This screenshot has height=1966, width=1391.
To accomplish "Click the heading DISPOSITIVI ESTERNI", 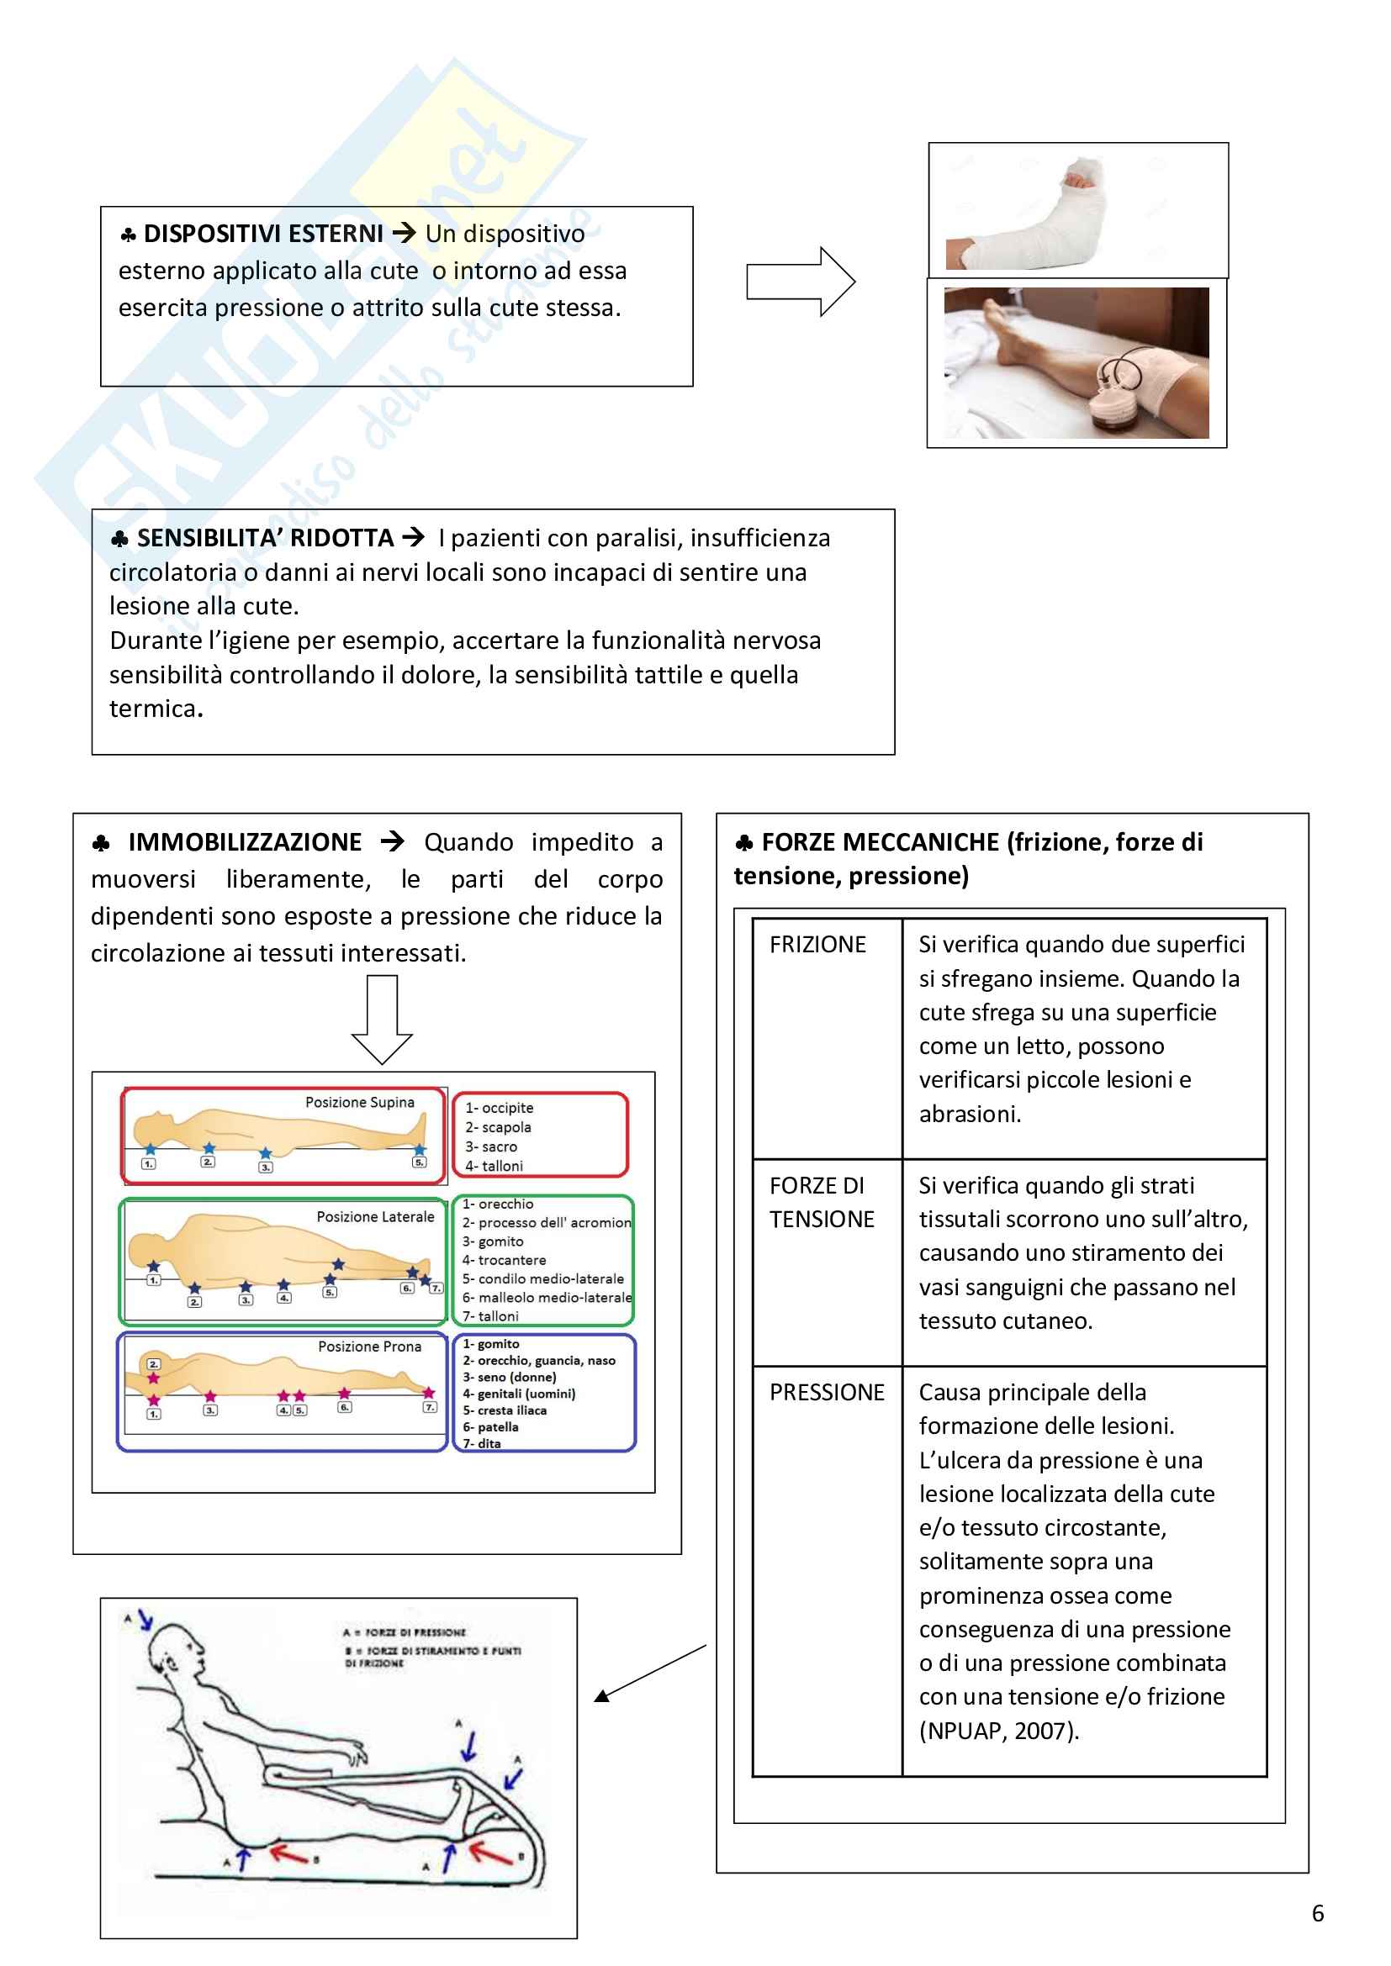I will pyautogui.click(x=262, y=234).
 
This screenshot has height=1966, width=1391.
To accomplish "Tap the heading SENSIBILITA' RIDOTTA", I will pyautogui.click(x=265, y=538).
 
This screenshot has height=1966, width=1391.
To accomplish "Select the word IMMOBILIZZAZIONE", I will pyautogui.click(x=244, y=842).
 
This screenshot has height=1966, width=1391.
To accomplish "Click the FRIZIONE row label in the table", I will pyautogui.click(x=817, y=945).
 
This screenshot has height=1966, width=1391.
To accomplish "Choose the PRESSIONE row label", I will pyautogui.click(x=826, y=1392).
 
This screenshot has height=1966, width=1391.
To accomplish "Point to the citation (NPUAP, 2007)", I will pyautogui.click(x=999, y=1731).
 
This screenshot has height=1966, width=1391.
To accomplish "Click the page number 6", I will pyautogui.click(x=1317, y=1914).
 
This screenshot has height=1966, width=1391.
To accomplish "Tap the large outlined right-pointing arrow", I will pyautogui.click(x=800, y=282).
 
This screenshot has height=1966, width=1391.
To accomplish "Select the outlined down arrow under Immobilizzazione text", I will pyautogui.click(x=382, y=1019).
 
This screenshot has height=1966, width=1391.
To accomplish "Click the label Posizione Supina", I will pyautogui.click(x=360, y=1103).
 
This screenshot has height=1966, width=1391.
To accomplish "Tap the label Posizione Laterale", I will pyautogui.click(x=375, y=1217).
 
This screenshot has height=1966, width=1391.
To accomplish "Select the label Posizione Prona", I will pyautogui.click(x=369, y=1347).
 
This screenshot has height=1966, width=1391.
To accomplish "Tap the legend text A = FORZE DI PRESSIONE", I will pyautogui.click(x=405, y=1633).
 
